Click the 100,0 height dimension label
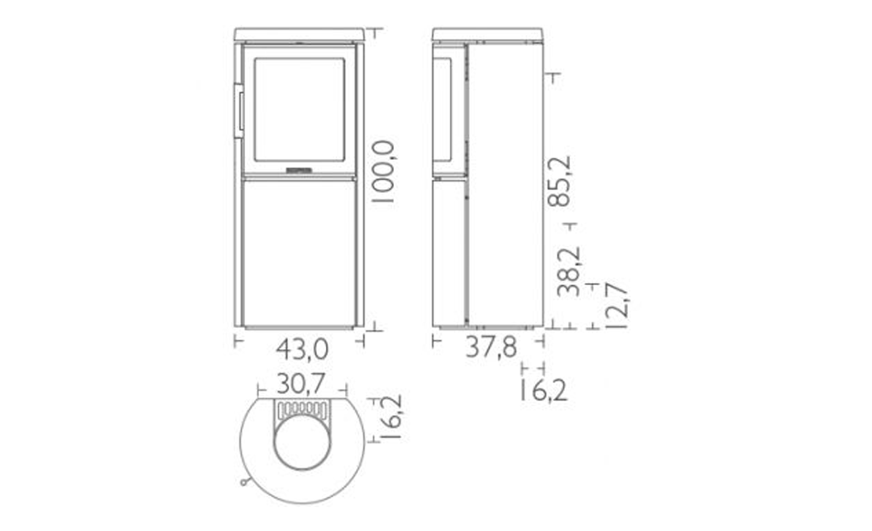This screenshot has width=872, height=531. (x=383, y=172)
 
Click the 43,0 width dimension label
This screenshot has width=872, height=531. (x=303, y=349)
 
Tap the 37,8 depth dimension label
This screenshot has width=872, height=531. (x=491, y=347)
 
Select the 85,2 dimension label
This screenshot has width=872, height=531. (x=560, y=181)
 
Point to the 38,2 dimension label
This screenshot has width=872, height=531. (x=568, y=271)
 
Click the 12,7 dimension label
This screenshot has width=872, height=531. (x=616, y=306)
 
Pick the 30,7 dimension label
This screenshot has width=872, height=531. (x=301, y=383)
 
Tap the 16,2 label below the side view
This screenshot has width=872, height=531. (x=544, y=390)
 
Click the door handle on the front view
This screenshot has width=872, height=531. (x=238, y=110)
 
